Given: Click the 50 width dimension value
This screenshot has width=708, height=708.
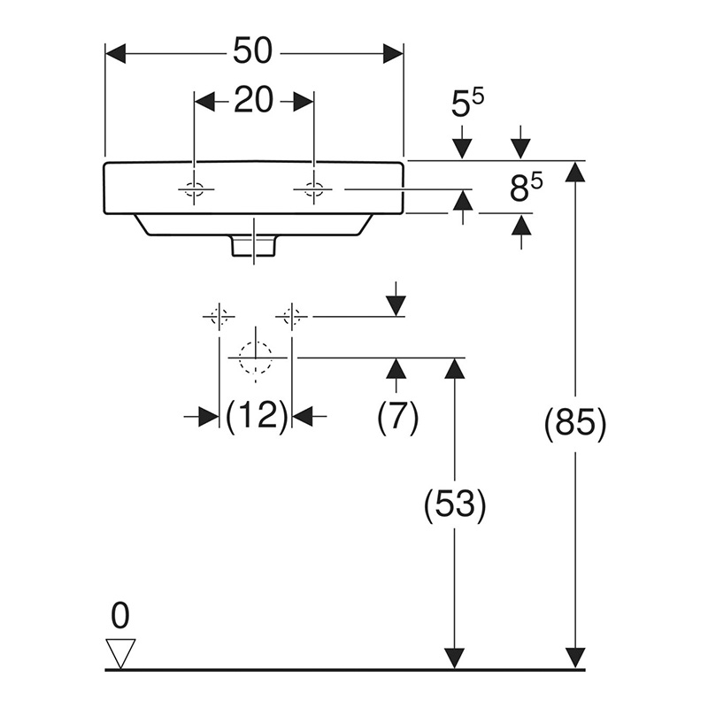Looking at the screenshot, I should point(253,51).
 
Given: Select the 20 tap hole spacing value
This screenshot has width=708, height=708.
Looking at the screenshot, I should point(253,101).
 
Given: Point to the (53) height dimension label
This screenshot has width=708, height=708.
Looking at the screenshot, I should point(455,505).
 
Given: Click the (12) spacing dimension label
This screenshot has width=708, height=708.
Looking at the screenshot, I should point(257,415).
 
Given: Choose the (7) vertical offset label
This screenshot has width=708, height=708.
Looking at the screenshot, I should point(396,415).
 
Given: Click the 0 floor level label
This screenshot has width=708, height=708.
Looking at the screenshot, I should point(120,613).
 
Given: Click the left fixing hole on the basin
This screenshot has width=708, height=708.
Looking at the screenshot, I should point(194,189).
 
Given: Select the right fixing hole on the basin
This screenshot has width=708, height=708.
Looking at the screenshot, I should point(313,189).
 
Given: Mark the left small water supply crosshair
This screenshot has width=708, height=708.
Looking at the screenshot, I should point(219,315).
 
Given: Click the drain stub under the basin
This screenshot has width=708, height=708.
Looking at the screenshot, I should point(254,246).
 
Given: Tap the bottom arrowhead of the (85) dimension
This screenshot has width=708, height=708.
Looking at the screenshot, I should point(576,658).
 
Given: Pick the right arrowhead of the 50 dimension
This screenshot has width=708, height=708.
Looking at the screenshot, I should point(393,53).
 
